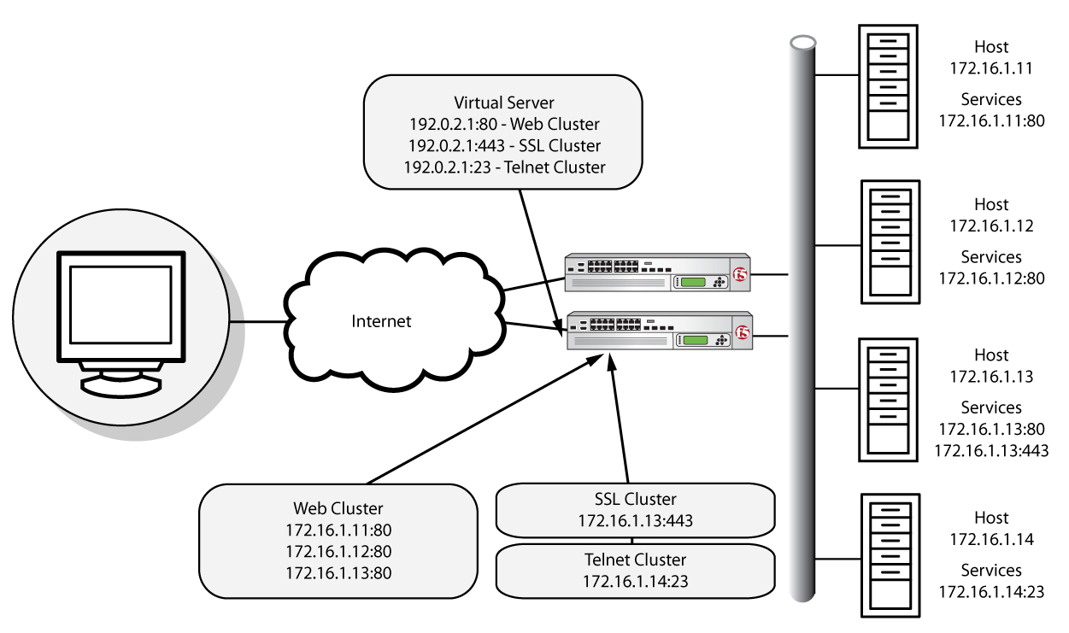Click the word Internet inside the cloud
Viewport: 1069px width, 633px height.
(381, 321)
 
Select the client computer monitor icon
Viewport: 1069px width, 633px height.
(121, 324)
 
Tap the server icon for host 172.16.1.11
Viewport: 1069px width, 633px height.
(888, 87)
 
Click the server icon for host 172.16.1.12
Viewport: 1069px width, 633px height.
(890, 242)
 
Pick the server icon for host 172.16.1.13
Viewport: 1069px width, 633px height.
(888, 400)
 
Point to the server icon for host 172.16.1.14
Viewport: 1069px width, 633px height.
(890, 556)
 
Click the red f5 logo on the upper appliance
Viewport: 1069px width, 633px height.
(740, 274)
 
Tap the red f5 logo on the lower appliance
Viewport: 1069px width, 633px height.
(742, 332)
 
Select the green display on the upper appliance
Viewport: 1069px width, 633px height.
(693, 282)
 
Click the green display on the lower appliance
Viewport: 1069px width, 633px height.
(696, 340)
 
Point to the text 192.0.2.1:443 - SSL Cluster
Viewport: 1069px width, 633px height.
(504, 145)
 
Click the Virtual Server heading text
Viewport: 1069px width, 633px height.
(504, 103)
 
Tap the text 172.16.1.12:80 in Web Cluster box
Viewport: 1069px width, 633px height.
(338, 552)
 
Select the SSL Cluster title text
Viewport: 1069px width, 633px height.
(635, 499)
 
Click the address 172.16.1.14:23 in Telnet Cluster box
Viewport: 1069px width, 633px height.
(635, 582)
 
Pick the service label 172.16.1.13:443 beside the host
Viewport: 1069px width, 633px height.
(991, 451)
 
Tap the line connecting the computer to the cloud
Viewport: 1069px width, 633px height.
(258, 322)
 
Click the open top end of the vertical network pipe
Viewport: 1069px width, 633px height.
(802, 43)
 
